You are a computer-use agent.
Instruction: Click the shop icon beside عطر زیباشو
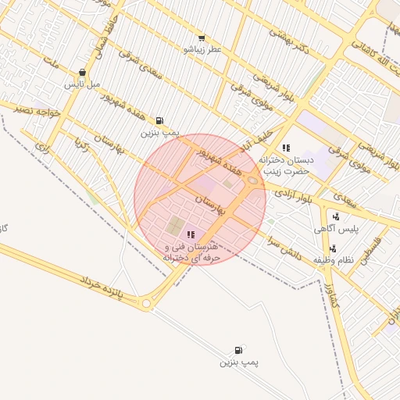(202, 37)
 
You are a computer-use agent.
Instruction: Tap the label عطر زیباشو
(202, 49)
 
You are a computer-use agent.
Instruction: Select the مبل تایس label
(83, 83)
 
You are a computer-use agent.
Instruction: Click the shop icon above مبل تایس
(83, 72)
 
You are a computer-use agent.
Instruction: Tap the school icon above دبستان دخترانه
(286, 148)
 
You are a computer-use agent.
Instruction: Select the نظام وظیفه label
(334, 259)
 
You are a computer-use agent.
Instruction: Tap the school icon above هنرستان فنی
(191, 234)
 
